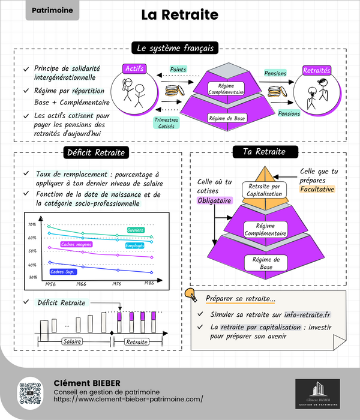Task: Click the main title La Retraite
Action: tap(179, 15)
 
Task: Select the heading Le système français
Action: tap(175, 48)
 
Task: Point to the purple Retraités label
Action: tap(317, 70)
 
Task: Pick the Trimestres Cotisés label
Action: tap(166, 122)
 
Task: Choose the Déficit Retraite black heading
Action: tap(96, 152)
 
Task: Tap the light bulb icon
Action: tap(191, 294)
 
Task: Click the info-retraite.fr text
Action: tap(317, 314)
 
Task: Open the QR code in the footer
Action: tap(29, 392)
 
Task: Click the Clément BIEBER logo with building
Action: tap(318, 394)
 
